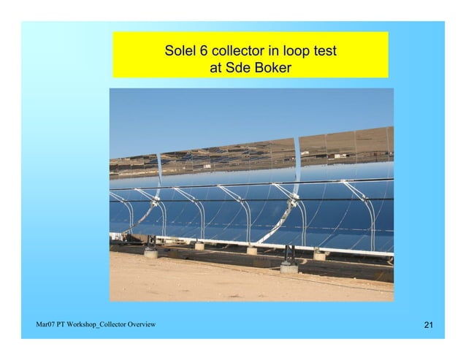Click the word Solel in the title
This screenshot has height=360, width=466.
(179, 53)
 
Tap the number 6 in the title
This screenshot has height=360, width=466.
(204, 53)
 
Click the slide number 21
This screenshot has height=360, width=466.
(429, 324)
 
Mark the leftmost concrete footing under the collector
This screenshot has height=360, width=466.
(151, 253)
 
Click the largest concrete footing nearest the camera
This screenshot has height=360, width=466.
(289, 267)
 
